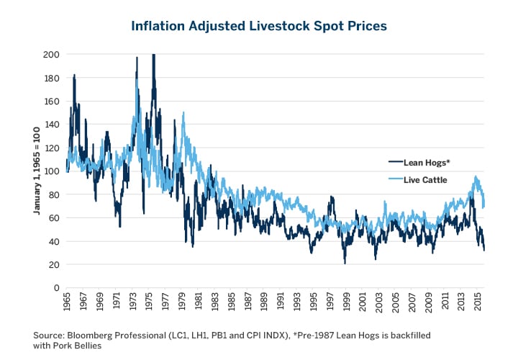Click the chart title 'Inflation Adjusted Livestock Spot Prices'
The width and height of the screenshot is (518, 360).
tap(259, 26)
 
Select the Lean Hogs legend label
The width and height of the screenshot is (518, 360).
tap(430, 164)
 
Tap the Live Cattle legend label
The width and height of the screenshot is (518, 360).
tap(429, 180)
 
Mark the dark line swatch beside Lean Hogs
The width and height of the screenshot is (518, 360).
tap(396, 164)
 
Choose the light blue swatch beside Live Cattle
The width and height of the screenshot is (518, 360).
tap(396, 180)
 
